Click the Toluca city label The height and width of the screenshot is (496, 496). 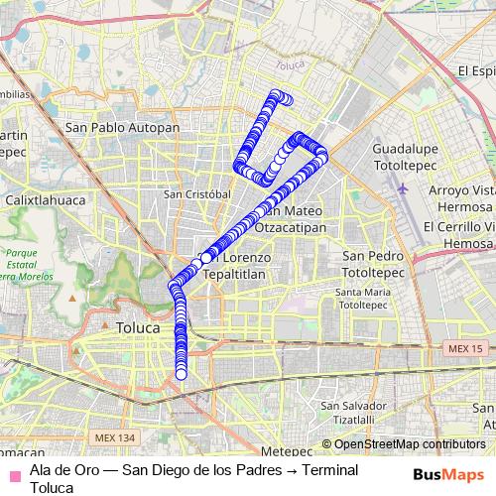click(137, 326)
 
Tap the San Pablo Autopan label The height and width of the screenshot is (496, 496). click(122, 128)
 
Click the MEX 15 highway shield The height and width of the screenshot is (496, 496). click(464, 349)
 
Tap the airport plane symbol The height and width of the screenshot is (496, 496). click(402, 186)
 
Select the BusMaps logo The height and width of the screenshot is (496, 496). click(447, 474)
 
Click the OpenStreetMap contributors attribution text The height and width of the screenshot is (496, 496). click(410, 443)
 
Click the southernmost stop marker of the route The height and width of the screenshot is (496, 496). click(182, 374)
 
